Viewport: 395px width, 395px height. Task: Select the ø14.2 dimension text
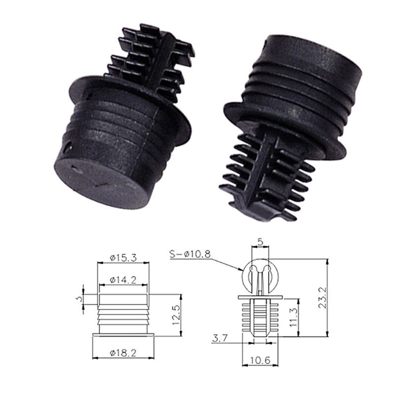point(123,279)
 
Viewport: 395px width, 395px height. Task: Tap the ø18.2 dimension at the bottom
point(123,353)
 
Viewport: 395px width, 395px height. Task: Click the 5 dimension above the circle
point(260,242)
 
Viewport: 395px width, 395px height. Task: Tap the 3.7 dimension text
point(220,338)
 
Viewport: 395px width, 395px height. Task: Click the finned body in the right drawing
point(260,316)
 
